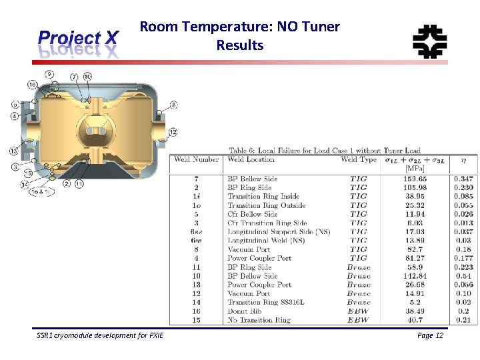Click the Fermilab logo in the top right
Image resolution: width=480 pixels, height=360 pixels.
point(429,41)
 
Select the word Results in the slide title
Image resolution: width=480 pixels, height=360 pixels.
point(239,45)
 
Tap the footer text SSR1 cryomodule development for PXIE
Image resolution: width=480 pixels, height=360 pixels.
point(99,335)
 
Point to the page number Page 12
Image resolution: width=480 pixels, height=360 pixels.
point(430,335)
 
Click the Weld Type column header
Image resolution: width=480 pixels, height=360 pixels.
point(359,159)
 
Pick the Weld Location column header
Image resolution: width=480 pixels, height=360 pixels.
point(251,159)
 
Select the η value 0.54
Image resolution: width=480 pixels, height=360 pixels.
point(464,275)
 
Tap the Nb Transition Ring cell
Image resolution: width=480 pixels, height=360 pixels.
point(259,320)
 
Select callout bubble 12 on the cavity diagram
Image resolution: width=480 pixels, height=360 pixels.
point(173,132)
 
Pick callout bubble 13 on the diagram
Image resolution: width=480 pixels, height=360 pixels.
point(13,151)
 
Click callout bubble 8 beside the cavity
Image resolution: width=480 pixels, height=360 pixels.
point(173,105)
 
